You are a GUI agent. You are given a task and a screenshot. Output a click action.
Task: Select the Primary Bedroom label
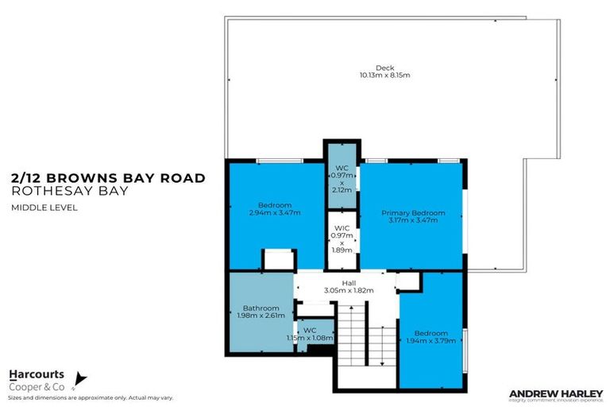click(x=413, y=212)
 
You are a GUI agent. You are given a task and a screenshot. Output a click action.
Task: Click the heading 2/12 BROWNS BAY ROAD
click(x=108, y=178)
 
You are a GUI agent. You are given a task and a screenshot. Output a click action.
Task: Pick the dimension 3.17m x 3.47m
click(x=413, y=220)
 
